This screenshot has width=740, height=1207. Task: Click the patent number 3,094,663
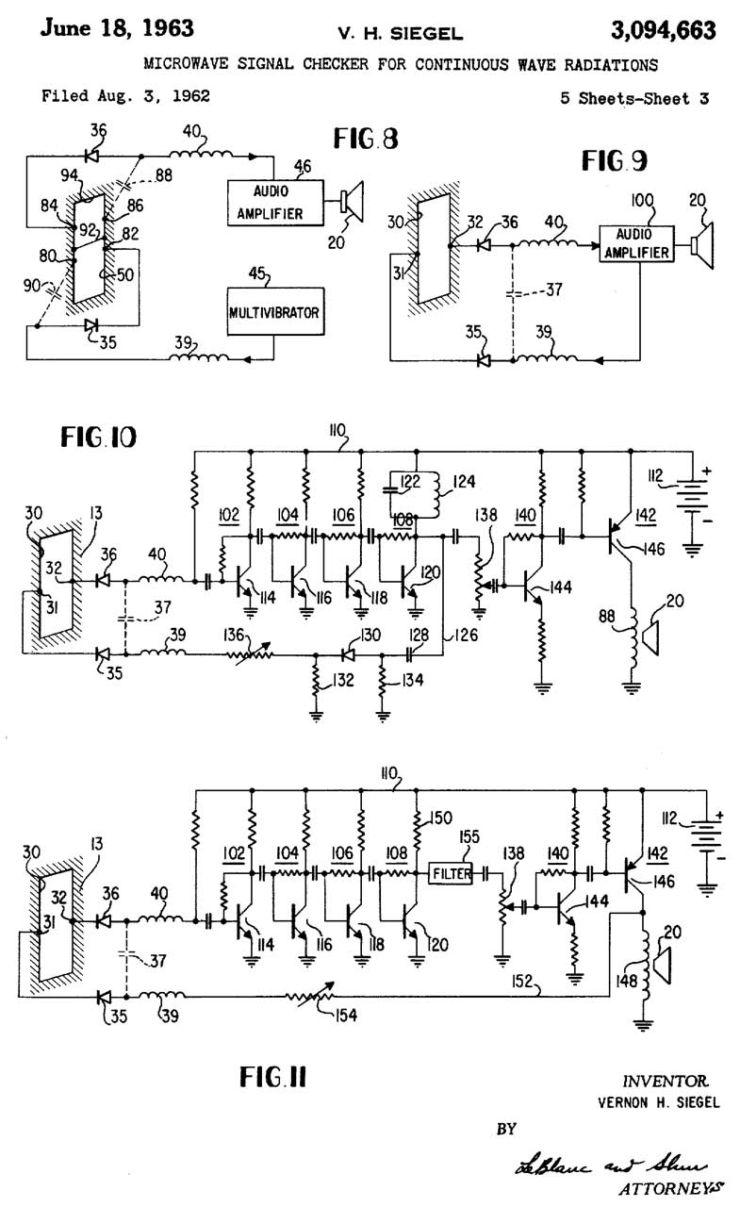click(662, 30)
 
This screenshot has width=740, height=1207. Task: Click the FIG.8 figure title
click(366, 139)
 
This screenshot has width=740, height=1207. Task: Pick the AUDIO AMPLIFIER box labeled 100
click(635, 243)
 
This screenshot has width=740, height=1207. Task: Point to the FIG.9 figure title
click(614, 160)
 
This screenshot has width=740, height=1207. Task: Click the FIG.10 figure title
click(98, 438)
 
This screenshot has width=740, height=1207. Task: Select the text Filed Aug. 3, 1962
click(125, 95)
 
